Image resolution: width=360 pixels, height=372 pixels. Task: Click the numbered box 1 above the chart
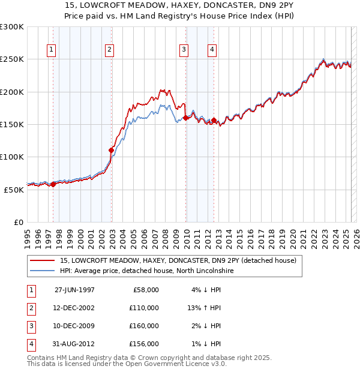[x=52, y=50]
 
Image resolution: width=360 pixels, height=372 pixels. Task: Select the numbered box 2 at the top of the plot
[x=110, y=50]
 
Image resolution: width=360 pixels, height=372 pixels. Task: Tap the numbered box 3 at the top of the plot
[x=184, y=50]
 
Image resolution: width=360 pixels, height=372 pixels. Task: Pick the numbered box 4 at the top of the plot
[x=212, y=50]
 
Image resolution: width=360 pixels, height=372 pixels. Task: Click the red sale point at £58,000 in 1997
[x=53, y=184]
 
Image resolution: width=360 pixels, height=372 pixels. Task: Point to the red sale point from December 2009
[x=185, y=118]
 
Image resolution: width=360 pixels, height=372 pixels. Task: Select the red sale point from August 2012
[x=214, y=121]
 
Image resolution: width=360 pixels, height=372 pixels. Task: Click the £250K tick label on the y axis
[x=12, y=59]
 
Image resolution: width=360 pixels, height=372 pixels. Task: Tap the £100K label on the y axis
[x=12, y=157]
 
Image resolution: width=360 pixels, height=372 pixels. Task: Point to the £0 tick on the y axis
[x=18, y=222]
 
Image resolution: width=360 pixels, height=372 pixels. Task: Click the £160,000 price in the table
[x=144, y=326]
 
